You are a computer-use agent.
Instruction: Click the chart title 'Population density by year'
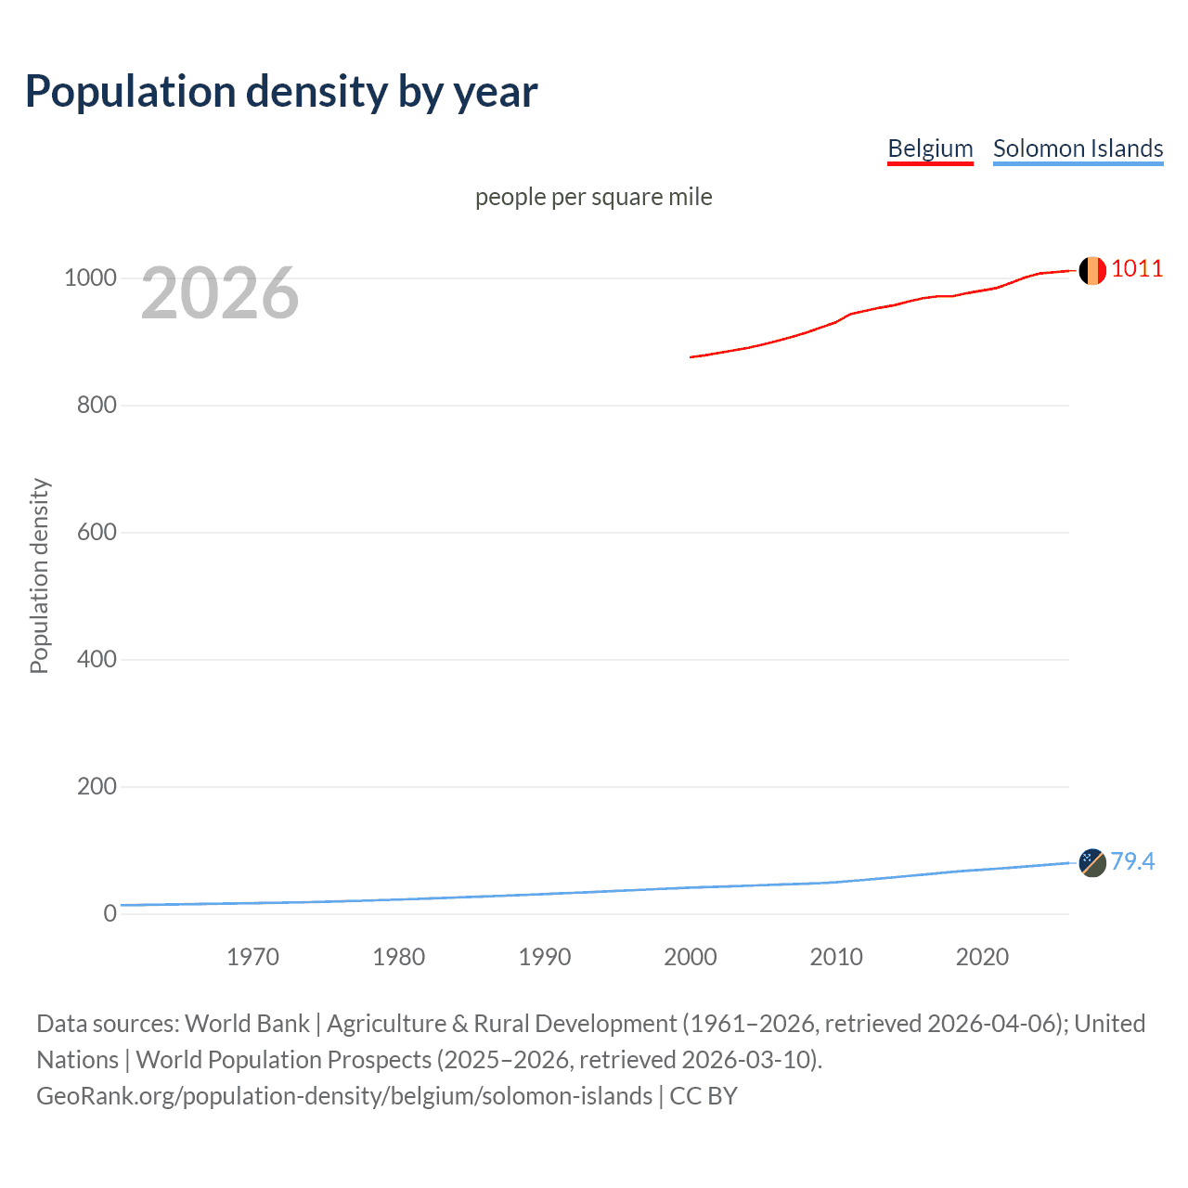tap(281, 92)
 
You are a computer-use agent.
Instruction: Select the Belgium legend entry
tap(930, 148)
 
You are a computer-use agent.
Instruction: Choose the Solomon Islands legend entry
tap(1078, 148)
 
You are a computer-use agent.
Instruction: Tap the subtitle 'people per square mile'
tap(593, 197)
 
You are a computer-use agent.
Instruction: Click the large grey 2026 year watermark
tap(220, 293)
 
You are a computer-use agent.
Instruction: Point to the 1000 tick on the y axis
tap(90, 278)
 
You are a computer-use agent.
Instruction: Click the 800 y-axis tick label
tap(97, 406)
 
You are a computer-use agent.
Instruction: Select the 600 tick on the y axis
tap(97, 533)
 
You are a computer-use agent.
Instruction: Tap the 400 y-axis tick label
tap(97, 660)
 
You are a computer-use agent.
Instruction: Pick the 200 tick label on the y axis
tap(97, 787)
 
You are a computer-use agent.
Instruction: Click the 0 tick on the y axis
tap(110, 913)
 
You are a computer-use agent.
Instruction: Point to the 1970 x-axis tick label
tap(252, 957)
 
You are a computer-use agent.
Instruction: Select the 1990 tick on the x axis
tap(545, 957)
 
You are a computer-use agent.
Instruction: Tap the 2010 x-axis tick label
tap(836, 957)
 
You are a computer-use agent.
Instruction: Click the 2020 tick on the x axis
tap(982, 957)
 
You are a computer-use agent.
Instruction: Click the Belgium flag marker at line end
tap(1092, 270)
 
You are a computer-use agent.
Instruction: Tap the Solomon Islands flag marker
tap(1092, 862)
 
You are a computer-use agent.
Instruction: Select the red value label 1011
tap(1137, 269)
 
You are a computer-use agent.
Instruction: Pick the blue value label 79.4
tap(1132, 862)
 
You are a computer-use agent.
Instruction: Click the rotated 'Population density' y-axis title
tap(39, 575)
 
